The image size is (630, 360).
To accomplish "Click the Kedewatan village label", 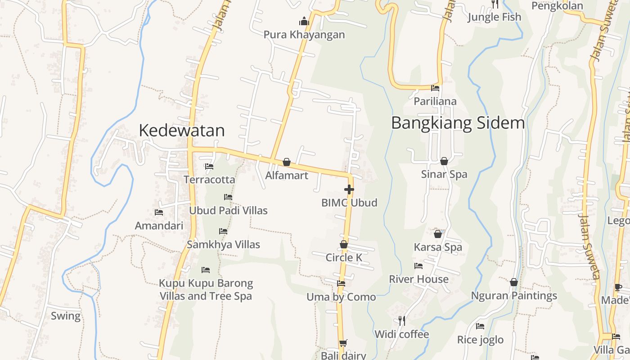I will pyautogui.click(x=181, y=130).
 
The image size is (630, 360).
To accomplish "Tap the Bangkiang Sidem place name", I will pyautogui.click(x=458, y=123).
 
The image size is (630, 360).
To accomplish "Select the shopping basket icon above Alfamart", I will pyautogui.click(x=287, y=162).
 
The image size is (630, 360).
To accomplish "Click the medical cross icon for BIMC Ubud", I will pyautogui.click(x=349, y=189).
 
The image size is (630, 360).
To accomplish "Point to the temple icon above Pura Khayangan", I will pyautogui.click(x=304, y=21).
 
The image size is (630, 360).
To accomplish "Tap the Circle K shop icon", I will pyautogui.click(x=344, y=244).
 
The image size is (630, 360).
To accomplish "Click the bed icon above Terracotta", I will pyautogui.click(x=209, y=166).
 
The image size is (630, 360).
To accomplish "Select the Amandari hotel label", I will pyautogui.click(x=159, y=225).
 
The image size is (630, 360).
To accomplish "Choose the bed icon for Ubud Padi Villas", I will pyautogui.click(x=228, y=197).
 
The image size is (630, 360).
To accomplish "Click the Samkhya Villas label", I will pyautogui.click(x=223, y=245).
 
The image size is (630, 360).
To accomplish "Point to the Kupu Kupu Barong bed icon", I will pyautogui.click(x=206, y=270).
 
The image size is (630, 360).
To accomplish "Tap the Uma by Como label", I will pyautogui.click(x=341, y=297).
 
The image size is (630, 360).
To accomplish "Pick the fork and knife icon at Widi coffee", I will pyautogui.click(x=402, y=320).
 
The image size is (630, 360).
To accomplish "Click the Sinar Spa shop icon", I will pyautogui.click(x=444, y=161).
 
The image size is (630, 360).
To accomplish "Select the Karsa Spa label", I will pyautogui.click(x=438, y=247).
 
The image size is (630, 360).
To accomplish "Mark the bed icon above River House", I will pyautogui.click(x=418, y=266).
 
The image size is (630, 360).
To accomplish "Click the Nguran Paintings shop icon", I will pyautogui.click(x=514, y=282).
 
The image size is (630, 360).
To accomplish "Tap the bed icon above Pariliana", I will pyautogui.click(x=435, y=88).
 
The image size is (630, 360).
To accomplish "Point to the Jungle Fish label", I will pyautogui.click(x=494, y=17).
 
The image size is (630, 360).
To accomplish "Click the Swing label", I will pyautogui.click(x=66, y=316).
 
